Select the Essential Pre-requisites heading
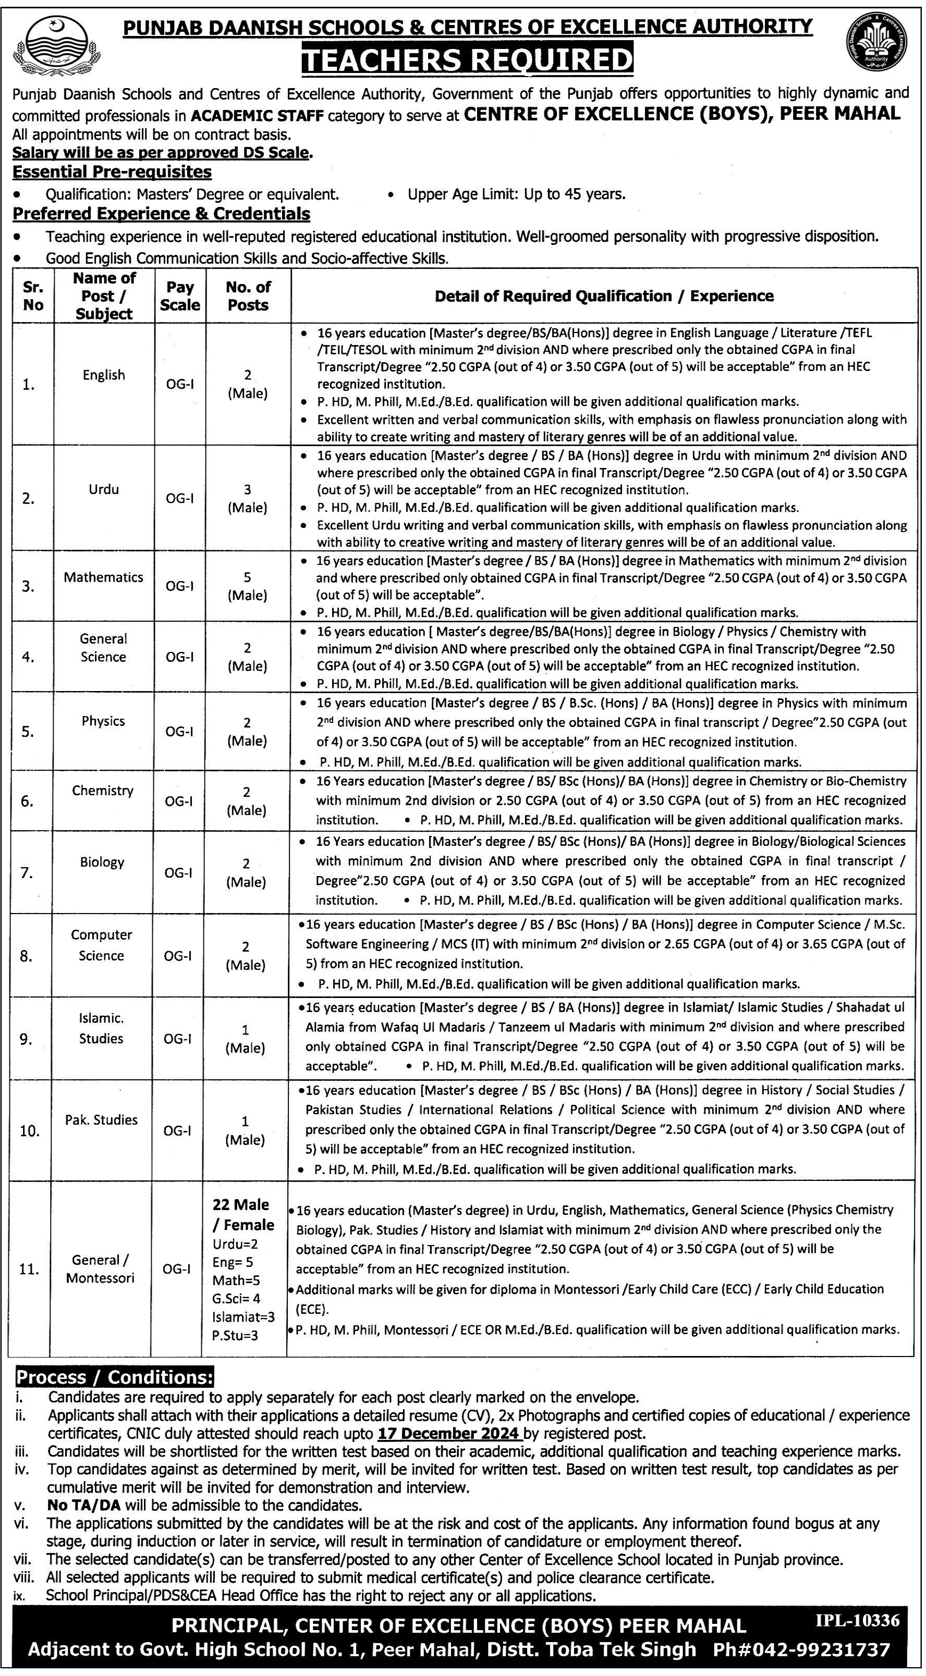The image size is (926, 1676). point(112,172)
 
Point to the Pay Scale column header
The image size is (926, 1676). point(180,296)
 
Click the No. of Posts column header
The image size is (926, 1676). point(248,296)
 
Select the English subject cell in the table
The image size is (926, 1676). point(103,375)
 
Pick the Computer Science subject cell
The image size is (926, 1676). point(102,945)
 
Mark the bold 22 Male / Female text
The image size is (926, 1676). point(243,1215)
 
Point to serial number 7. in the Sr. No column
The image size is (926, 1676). point(27,872)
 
